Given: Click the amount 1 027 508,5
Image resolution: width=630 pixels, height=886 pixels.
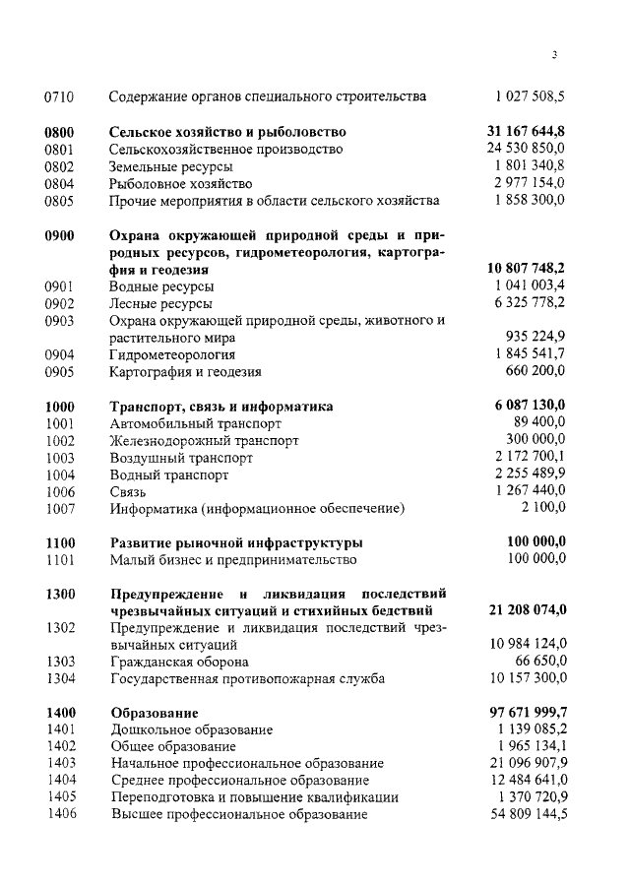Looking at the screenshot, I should click(530, 96).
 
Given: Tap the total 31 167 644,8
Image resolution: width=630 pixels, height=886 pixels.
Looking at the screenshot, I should click(527, 131).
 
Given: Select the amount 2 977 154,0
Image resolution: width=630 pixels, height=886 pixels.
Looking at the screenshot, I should click(530, 184).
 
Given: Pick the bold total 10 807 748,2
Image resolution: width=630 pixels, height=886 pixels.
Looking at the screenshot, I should click(527, 268).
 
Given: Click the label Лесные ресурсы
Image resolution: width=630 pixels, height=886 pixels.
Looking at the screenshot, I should click(160, 303).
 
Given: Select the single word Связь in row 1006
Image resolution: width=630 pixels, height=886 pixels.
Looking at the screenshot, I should click(128, 491).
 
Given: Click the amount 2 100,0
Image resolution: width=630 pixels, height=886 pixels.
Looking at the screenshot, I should click(543, 508).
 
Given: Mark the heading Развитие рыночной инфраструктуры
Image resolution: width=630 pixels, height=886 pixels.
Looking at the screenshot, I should click(236, 542).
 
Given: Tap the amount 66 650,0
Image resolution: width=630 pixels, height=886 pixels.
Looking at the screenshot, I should click(538, 662).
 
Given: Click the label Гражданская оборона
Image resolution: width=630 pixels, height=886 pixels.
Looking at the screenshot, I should click(178, 662).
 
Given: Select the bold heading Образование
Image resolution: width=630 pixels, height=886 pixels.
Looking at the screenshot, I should click(155, 712).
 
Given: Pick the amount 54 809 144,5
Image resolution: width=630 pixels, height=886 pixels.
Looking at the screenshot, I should click(528, 815).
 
